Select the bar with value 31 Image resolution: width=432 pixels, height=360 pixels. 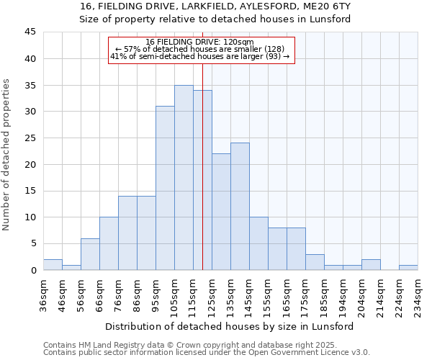(165, 188)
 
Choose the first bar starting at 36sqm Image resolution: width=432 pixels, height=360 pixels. (53, 264)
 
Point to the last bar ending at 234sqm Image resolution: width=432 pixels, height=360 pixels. (408, 267)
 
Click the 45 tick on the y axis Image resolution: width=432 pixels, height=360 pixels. (30, 32)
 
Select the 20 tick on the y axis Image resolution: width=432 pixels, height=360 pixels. (30, 164)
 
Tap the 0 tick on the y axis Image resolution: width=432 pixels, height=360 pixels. (33, 270)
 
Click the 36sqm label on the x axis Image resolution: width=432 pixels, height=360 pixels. (43, 294)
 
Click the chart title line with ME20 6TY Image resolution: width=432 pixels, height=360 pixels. (215, 6)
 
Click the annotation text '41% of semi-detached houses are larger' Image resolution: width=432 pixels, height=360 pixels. (199, 55)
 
